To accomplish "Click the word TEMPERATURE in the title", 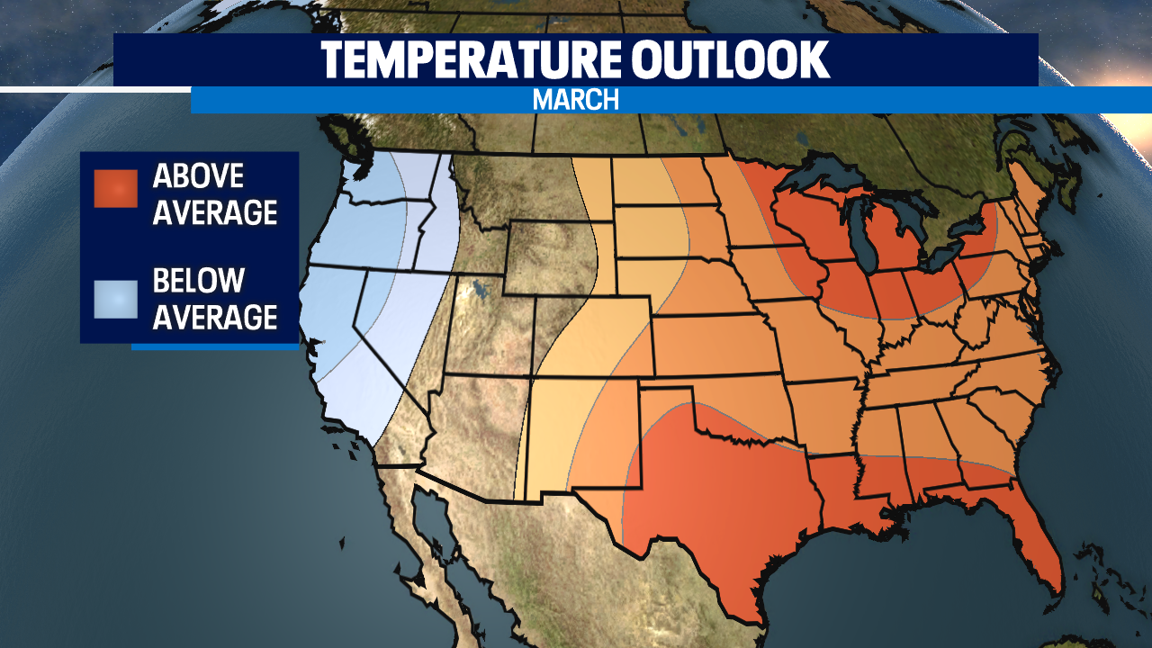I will [x=468, y=59].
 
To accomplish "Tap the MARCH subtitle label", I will [x=576, y=100].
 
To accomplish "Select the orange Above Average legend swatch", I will [x=115, y=188].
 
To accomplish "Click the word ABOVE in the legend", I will [x=199, y=175].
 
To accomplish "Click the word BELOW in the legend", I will [x=199, y=281].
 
